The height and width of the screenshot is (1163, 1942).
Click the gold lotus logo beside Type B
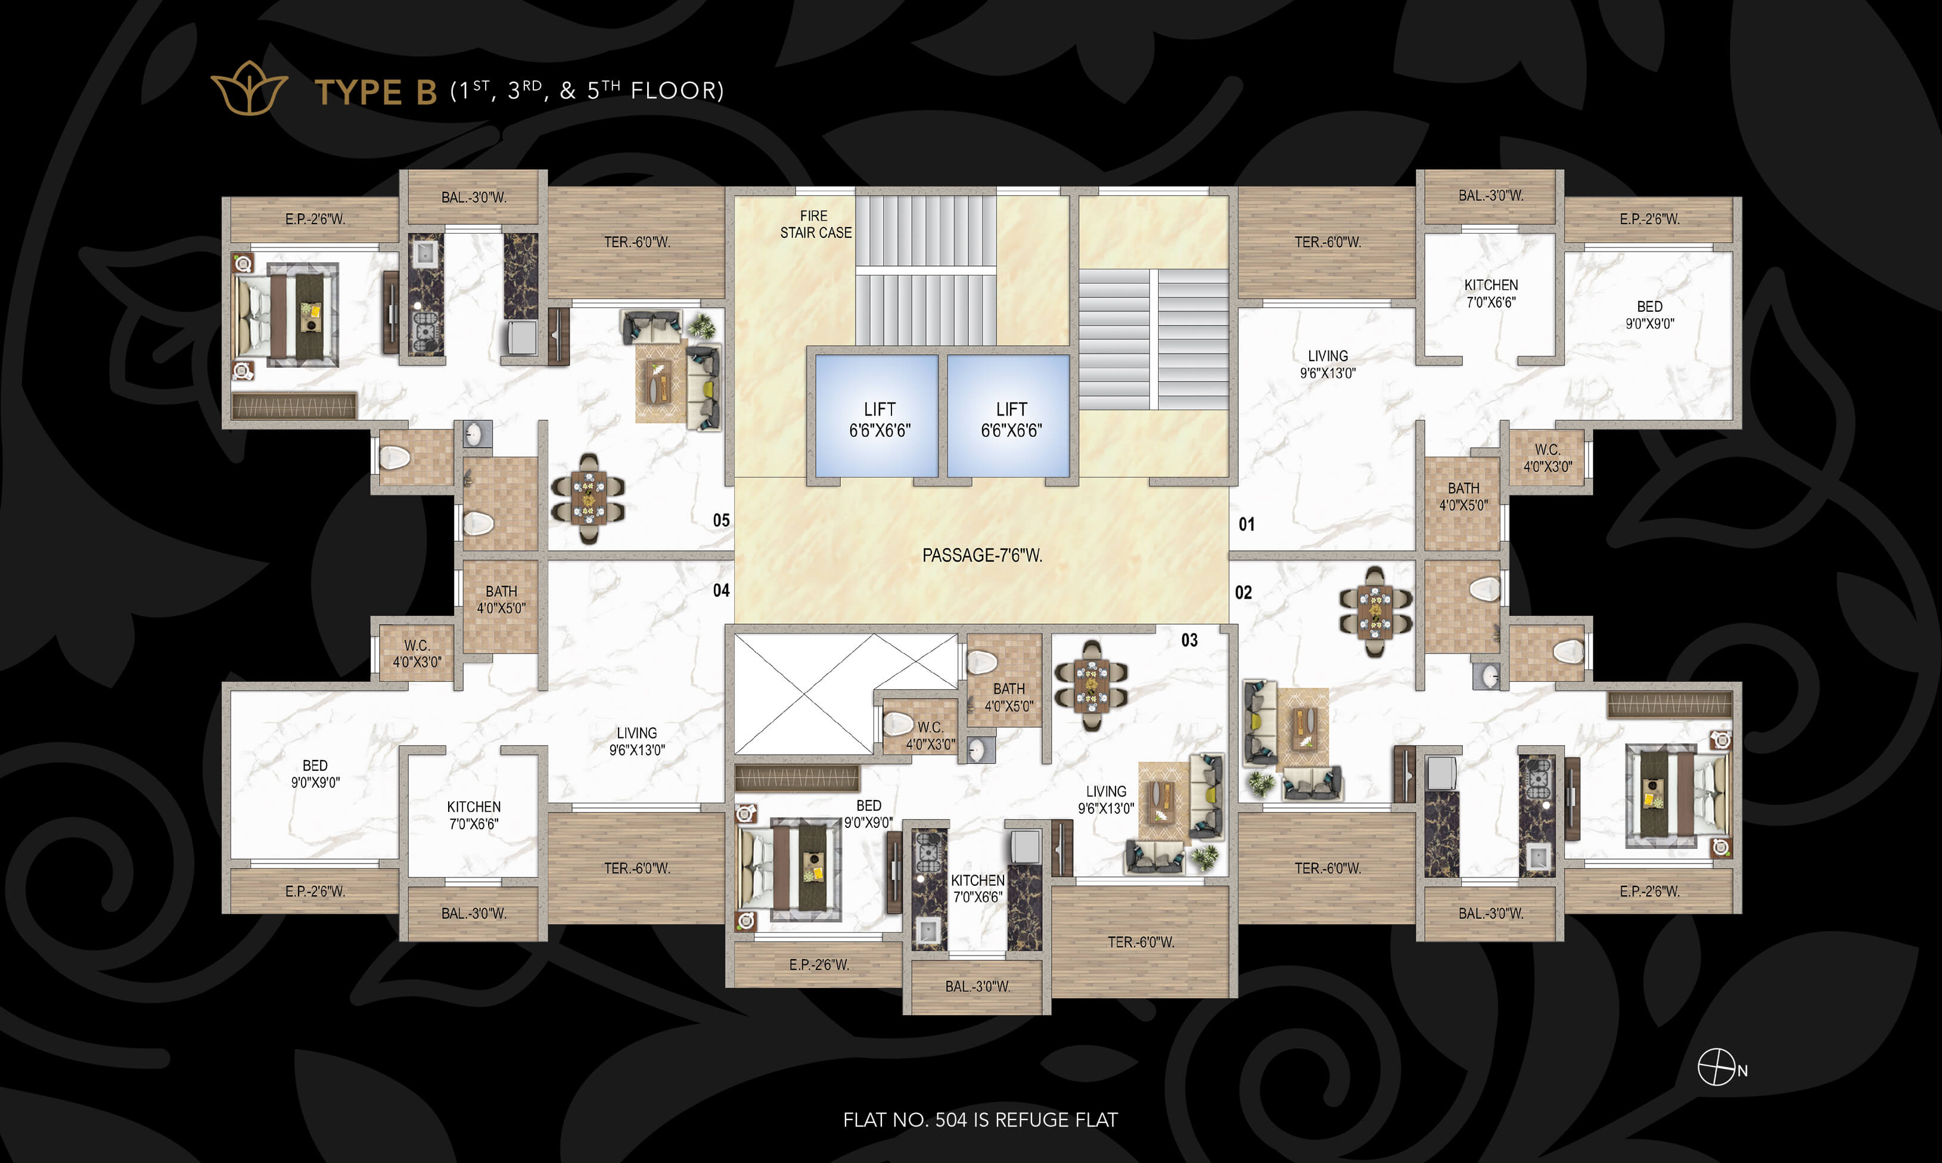pos(250,89)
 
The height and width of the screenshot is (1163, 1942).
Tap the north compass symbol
pos(1716,1068)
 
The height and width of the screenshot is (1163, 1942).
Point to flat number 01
pos(1247,525)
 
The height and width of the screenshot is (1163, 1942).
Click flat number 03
pos(1189,640)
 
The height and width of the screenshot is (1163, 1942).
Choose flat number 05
pos(720,520)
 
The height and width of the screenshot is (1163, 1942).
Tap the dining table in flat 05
pos(588,498)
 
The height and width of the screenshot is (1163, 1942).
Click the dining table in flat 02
pos(1376,611)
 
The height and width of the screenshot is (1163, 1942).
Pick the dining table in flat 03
pos(1091,686)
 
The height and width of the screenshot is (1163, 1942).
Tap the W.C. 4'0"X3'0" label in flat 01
pos(1547,458)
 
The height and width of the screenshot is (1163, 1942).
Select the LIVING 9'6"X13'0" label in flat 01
pos(1328,364)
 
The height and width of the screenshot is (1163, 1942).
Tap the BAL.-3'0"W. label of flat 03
pos(978,987)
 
